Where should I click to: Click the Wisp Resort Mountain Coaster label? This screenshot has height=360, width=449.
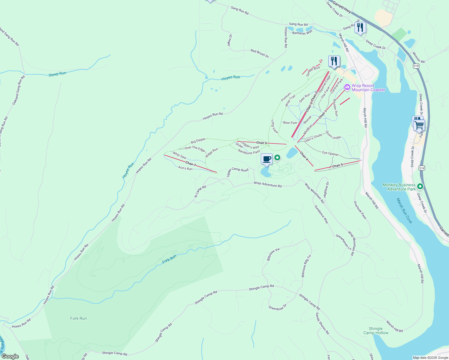(x=368, y=88)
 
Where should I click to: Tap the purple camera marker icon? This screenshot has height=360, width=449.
(x=347, y=87)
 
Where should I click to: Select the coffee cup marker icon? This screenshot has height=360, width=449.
(x=267, y=159)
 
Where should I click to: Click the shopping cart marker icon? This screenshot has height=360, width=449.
(x=419, y=125)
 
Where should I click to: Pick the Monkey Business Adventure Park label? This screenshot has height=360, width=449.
(x=399, y=187)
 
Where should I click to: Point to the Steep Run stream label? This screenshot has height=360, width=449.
(x=57, y=74)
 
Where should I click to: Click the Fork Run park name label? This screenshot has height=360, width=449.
(x=78, y=318)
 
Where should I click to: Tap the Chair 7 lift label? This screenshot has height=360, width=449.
(x=191, y=164)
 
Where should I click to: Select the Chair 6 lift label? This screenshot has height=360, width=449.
(x=261, y=143)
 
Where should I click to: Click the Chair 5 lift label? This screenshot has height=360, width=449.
(x=337, y=166)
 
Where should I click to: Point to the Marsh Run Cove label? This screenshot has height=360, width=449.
(x=404, y=211)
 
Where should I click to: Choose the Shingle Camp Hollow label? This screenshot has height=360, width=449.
(x=376, y=331)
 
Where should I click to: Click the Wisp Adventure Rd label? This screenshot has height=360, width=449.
(x=267, y=184)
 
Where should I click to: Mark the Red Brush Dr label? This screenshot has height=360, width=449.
(x=260, y=53)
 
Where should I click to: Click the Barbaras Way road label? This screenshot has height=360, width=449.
(x=302, y=33)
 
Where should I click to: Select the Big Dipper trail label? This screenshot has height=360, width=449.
(x=198, y=140)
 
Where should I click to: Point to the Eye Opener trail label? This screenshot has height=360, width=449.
(x=330, y=153)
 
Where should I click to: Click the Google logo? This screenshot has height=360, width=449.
(x=10, y=356)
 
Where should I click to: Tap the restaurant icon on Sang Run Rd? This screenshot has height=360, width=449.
(x=360, y=28)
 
